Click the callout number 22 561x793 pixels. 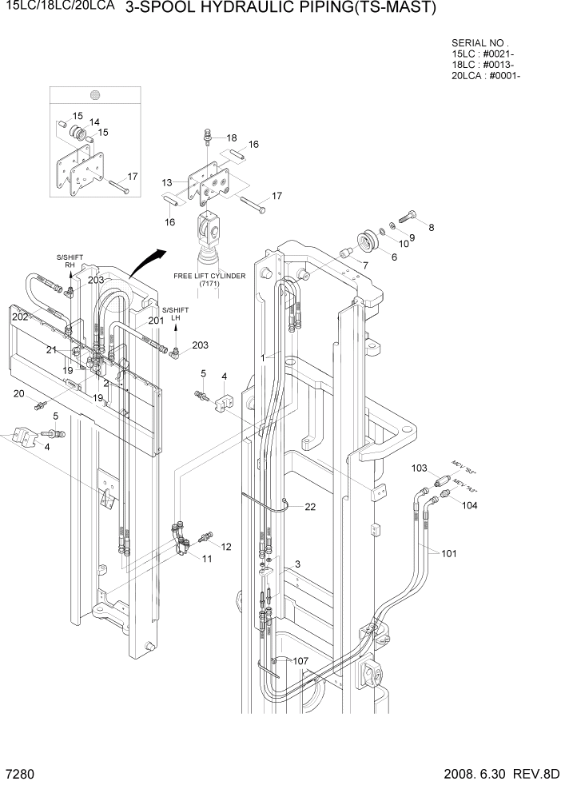(310, 507)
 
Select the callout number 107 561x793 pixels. (300, 661)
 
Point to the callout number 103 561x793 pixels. (420, 468)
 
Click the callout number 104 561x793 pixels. (469, 506)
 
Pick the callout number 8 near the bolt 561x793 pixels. (432, 228)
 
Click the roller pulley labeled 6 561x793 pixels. (370, 241)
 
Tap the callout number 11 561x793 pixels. (206, 558)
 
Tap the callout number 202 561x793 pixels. (20, 317)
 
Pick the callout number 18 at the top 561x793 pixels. (232, 137)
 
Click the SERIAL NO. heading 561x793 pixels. (479, 42)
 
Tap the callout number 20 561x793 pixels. (19, 393)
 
